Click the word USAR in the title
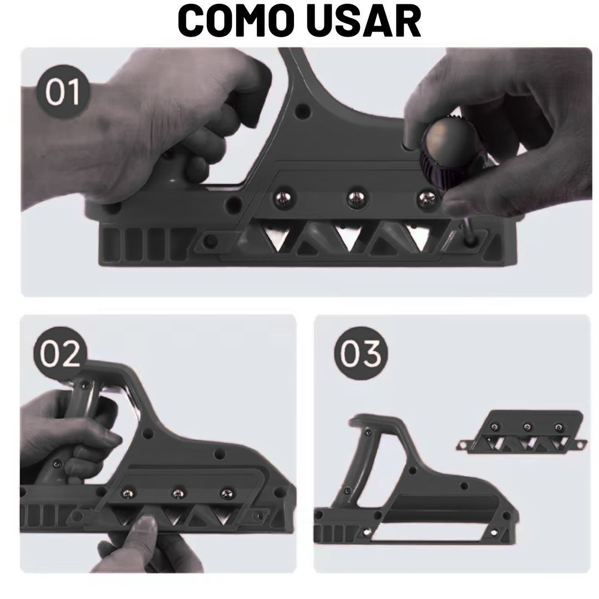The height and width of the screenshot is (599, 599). (x=364, y=21)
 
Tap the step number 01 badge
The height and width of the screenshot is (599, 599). (x=63, y=92)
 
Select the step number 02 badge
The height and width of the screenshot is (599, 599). (x=60, y=353)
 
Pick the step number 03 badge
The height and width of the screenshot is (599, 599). (x=361, y=353)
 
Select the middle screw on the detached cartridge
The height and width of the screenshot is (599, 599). (x=527, y=427)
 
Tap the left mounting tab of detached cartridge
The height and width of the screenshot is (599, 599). (x=464, y=445)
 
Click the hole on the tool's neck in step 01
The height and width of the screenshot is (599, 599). (x=303, y=111)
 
